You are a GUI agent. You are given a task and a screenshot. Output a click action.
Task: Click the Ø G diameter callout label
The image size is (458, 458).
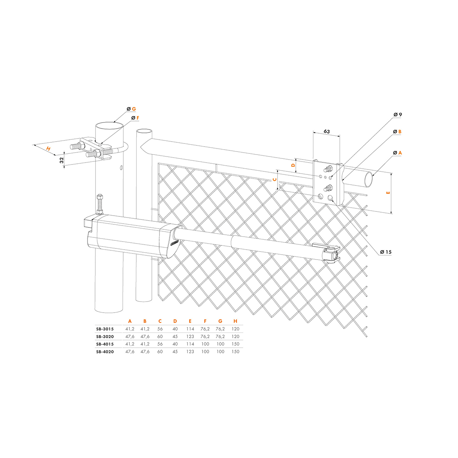click(131, 109)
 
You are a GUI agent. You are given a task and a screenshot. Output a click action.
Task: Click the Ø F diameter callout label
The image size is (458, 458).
click(135, 118)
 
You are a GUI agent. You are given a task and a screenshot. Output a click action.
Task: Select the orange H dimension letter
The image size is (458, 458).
click(48, 149)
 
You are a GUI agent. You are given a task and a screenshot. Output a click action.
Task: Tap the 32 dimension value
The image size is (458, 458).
click(62, 160)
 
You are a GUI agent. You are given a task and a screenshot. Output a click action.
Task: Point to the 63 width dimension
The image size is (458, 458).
click(327, 131)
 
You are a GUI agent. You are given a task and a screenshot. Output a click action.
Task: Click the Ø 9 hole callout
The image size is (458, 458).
click(398, 115)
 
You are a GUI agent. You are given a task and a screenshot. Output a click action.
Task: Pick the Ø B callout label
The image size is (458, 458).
click(397, 132)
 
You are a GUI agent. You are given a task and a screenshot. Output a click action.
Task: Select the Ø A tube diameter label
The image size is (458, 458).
click(397, 153)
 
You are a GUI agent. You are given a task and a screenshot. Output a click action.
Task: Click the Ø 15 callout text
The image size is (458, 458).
click(385, 252)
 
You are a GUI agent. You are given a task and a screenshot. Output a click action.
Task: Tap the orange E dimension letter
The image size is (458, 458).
click(389, 193)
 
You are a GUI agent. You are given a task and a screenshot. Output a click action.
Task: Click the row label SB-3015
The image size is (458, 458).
click(105, 329)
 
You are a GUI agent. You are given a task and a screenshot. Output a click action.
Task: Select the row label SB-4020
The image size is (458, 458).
click(105, 352)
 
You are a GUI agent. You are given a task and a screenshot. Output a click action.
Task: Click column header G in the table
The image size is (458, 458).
click(220, 321)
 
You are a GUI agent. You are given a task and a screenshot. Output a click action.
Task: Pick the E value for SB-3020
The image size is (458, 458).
click(190, 337)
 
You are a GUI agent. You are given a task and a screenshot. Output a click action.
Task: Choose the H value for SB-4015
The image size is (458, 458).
click(235, 344)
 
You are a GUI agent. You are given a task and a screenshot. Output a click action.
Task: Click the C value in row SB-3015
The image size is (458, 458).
click(160, 329)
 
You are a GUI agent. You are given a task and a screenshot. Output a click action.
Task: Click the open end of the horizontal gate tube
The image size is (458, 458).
click(369, 179)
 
